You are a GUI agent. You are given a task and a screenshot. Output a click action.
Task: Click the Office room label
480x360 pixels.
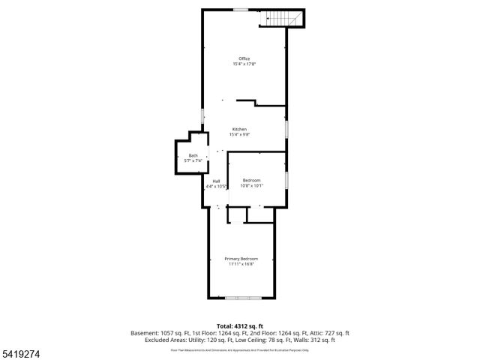[244, 58]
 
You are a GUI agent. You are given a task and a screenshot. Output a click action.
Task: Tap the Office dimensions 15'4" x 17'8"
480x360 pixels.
[244, 64]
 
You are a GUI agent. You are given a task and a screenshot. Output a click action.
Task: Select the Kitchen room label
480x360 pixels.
[239, 129]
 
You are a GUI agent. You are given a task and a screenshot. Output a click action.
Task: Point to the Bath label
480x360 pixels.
[193, 155]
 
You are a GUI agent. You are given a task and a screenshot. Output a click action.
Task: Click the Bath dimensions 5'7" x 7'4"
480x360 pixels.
[193, 160]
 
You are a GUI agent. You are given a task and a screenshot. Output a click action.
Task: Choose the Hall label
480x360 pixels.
[216, 181]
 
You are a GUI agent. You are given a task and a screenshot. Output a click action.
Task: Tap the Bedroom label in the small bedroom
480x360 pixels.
[251, 180]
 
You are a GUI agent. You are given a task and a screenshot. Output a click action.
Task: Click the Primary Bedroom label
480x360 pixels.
[241, 258]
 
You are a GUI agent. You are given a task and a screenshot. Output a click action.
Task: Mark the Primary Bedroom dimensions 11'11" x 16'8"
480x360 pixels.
[241, 264]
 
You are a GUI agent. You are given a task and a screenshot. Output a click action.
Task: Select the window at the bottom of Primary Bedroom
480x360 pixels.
[243, 298]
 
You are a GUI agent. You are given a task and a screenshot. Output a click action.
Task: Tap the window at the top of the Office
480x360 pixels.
[241, 10]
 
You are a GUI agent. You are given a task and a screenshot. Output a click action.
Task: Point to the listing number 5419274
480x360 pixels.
[19, 353]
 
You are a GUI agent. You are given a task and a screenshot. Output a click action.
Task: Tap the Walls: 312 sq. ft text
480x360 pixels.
[316, 340]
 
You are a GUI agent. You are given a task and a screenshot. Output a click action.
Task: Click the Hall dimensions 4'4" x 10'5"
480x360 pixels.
[216, 186]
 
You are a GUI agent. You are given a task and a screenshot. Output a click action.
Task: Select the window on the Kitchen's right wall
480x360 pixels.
[286, 128]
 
